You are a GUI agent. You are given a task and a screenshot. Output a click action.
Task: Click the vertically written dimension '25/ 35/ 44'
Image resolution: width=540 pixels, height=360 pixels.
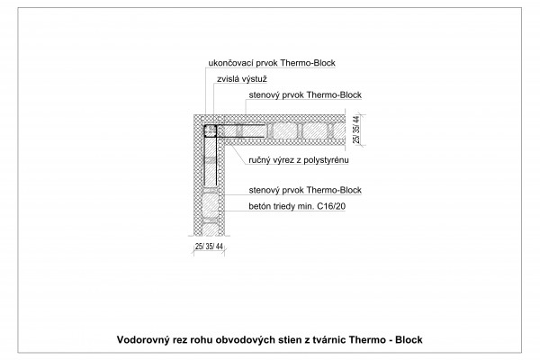coord(356,130)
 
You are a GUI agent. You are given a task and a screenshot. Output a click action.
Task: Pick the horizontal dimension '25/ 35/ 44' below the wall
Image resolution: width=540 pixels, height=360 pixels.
coord(209,247)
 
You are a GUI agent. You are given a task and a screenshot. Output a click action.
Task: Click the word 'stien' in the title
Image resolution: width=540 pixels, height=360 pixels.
coord(289,339)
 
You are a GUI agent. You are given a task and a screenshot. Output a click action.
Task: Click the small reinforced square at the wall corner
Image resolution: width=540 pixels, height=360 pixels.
coord(210,130)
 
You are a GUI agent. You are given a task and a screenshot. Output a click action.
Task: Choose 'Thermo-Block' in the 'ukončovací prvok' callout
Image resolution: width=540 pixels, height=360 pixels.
coord(308,63)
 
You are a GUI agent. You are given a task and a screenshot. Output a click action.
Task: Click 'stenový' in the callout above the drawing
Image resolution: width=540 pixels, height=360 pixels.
coord(264,95)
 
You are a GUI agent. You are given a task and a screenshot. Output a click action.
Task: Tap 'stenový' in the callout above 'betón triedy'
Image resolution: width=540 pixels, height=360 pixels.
coord(264,190)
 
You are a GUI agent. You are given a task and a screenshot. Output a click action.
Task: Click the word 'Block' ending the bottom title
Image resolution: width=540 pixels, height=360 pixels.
coord(409,339)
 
